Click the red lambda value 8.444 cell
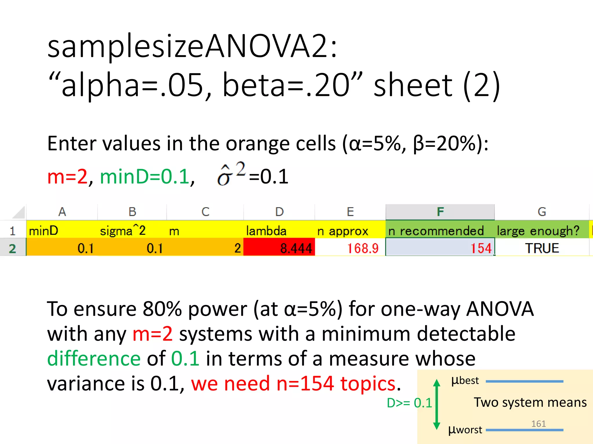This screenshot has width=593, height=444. [279, 248]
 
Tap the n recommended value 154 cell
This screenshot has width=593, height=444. [440, 248]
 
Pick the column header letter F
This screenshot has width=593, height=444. [440, 212]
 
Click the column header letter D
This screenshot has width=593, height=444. [279, 212]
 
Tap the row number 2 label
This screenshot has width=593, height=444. [12, 248]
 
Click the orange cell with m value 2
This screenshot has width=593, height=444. [205, 248]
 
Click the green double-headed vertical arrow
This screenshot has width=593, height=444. [437, 405]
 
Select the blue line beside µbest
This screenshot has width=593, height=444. [524, 382]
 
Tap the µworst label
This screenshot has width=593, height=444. [465, 430]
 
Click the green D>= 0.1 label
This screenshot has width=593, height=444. [409, 403]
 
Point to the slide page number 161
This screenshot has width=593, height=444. [538, 423]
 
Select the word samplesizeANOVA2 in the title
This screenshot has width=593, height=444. [192, 46]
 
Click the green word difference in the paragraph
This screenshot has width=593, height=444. [94, 358]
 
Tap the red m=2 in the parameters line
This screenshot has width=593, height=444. [67, 176]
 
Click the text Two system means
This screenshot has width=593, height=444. [530, 402]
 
